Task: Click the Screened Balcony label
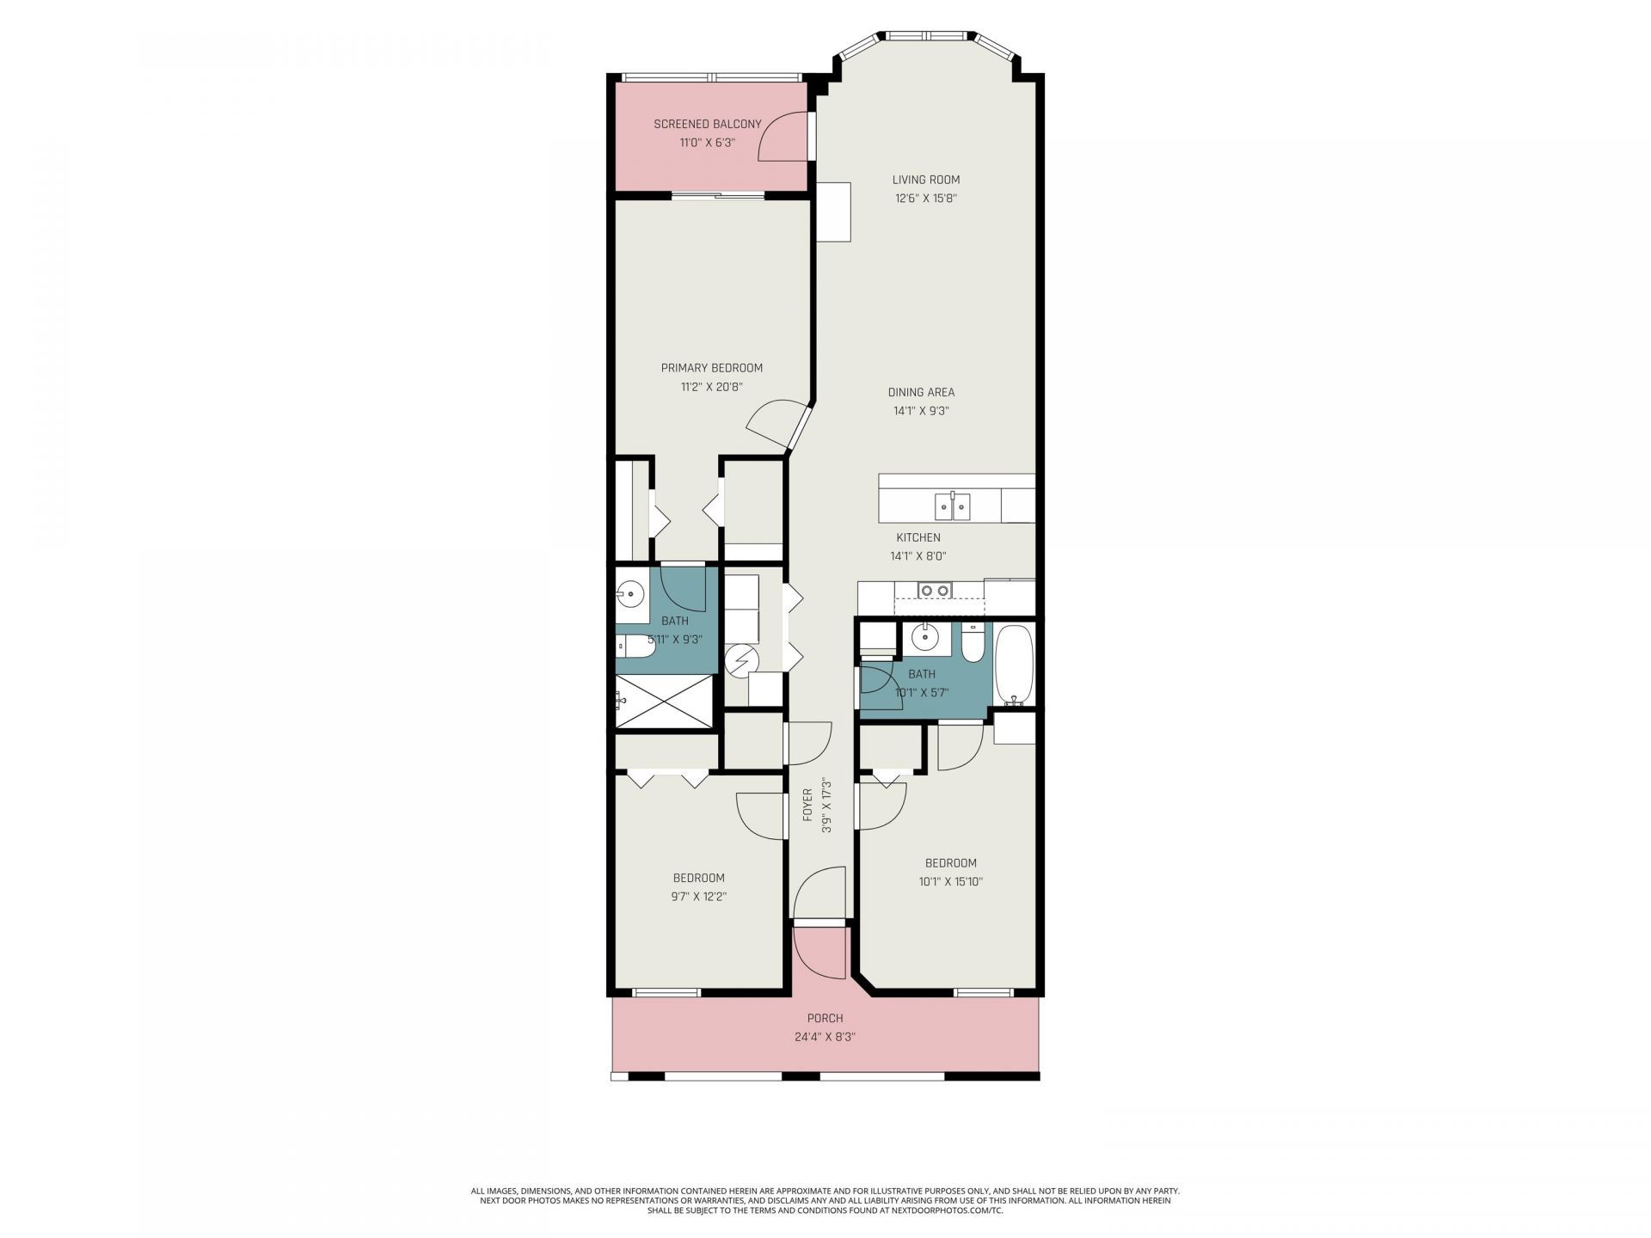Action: pyautogui.click(x=707, y=124)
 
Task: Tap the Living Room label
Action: pyautogui.click(x=925, y=180)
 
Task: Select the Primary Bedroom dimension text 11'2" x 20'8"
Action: pyautogui.click(x=711, y=387)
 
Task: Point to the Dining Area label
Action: pyautogui.click(x=921, y=392)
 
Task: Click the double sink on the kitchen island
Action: pyautogui.click(x=953, y=506)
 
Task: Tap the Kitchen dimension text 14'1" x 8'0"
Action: pyautogui.click(x=918, y=556)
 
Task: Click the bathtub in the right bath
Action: pyautogui.click(x=1015, y=665)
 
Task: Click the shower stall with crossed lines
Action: pyautogui.click(x=665, y=701)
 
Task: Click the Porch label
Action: pyautogui.click(x=825, y=1019)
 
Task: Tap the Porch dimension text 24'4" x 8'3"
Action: pyautogui.click(x=825, y=1037)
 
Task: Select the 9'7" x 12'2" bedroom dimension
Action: pyautogui.click(x=698, y=896)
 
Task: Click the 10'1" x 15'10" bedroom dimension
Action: pyautogui.click(x=950, y=881)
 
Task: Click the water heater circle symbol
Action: pyautogui.click(x=740, y=661)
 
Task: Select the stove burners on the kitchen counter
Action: pyautogui.click(x=934, y=590)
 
